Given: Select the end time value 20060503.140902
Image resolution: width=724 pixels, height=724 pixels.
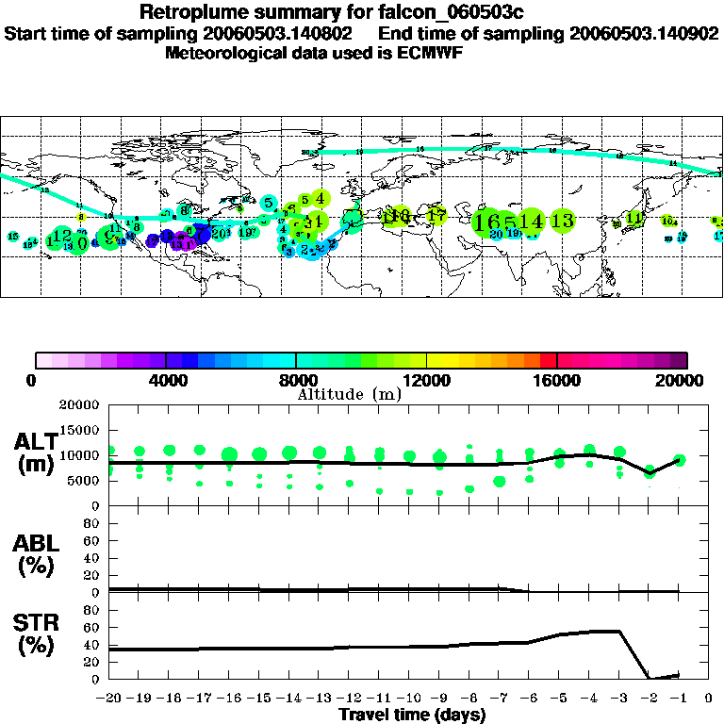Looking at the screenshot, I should click(644, 33).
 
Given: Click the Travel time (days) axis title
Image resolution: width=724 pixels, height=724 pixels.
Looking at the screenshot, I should click(412, 715).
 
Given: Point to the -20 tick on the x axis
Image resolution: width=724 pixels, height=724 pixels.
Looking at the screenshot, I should click(108, 699).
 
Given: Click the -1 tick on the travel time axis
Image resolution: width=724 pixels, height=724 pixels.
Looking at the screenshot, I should click(679, 699).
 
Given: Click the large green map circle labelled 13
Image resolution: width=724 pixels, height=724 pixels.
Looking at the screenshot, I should click(563, 221).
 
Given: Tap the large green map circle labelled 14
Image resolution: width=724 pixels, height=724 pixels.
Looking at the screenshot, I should click(532, 221).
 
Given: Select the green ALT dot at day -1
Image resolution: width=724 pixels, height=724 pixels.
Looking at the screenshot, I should click(680, 460).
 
